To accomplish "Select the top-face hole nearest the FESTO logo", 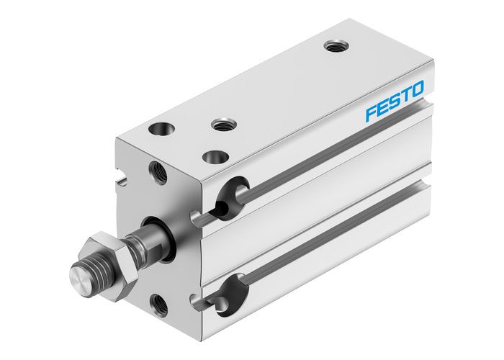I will point(334,47).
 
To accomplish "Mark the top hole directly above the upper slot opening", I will point(212,155).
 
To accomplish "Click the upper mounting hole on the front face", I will point(158,172).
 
